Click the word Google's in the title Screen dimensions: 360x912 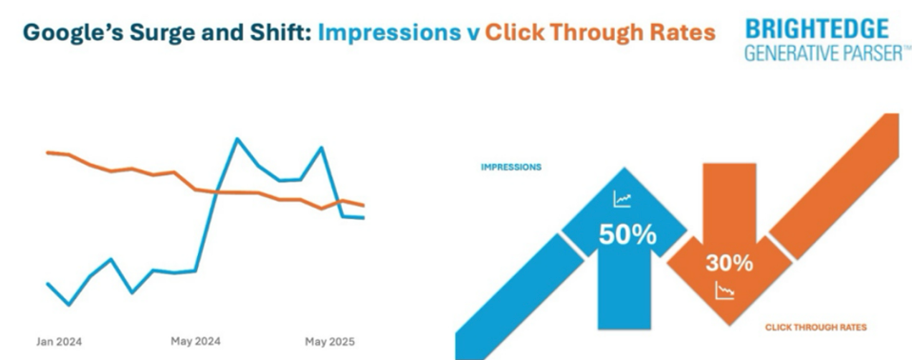point(66,33)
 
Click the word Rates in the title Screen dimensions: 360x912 point(681,33)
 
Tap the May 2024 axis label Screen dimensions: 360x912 point(195,340)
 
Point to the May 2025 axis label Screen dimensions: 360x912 point(328,340)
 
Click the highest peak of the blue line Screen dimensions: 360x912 point(237,139)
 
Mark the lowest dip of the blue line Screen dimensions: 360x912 point(69,305)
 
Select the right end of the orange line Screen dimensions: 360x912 point(364,205)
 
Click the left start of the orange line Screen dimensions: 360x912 point(48,151)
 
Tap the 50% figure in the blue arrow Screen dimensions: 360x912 point(626,234)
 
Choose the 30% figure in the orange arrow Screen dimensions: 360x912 point(730,263)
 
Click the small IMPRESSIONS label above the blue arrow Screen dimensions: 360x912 point(511,167)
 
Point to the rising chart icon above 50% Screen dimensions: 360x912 point(623,200)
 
